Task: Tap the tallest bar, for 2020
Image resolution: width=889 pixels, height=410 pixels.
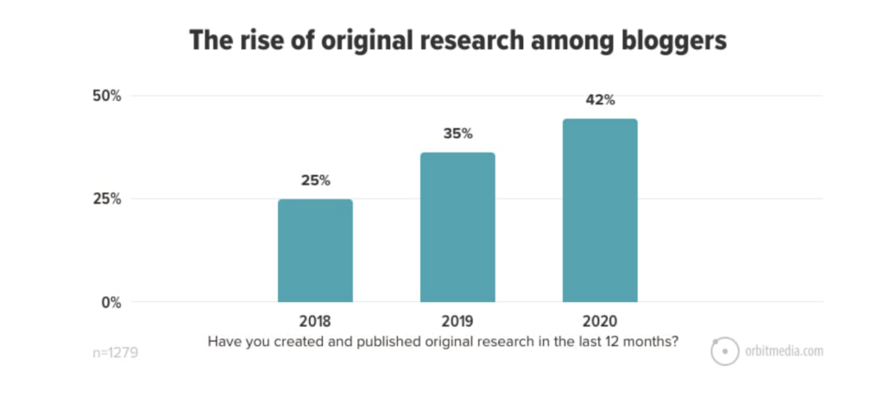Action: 600,211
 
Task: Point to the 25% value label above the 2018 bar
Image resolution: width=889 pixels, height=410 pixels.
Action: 315,180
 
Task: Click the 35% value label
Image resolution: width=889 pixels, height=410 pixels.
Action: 457,134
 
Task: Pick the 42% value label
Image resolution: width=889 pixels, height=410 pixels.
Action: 600,100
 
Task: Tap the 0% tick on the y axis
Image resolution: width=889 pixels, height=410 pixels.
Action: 111,303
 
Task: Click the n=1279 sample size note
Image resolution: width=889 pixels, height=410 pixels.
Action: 116,352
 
